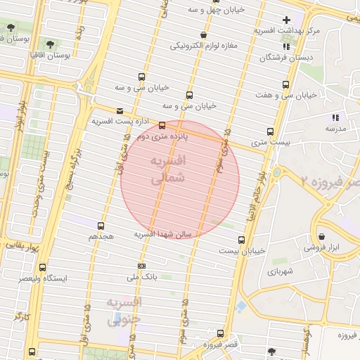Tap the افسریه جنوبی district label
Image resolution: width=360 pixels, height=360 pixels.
(x=124, y=310)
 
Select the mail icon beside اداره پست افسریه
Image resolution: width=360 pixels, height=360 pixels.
(x=119, y=111)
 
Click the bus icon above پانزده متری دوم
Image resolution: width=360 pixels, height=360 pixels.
(x=162, y=126)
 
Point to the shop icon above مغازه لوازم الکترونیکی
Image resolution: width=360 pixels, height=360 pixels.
(x=203, y=34)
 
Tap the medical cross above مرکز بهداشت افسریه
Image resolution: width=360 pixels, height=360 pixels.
(x=285, y=20)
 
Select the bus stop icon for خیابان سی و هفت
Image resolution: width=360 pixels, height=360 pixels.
(x=283, y=84)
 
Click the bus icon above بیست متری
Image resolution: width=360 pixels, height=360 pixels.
(x=270, y=131)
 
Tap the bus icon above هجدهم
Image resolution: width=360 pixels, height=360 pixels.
(x=101, y=226)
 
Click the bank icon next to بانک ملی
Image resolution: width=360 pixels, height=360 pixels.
(x=142, y=266)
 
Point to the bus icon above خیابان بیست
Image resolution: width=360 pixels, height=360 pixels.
(x=242, y=240)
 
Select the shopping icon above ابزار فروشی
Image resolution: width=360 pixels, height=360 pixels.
(x=321, y=236)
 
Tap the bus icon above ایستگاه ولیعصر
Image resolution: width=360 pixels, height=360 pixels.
(x=43, y=267)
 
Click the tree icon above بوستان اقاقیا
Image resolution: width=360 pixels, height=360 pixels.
(x=50, y=43)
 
